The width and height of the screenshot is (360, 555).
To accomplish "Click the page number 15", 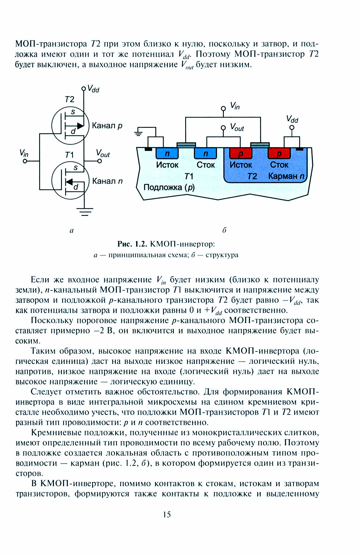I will coord(167,514).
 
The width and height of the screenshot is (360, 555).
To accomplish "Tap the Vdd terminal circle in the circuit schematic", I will coord(84,89).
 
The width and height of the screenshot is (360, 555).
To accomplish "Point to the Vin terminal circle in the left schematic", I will coord(25,161).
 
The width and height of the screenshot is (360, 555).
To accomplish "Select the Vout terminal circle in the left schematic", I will coord(100,161).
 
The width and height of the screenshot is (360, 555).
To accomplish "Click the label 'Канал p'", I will coord(107,125).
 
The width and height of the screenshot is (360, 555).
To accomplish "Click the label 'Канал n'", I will coord(107,181).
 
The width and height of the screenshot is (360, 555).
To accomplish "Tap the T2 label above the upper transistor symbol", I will coord(69,99).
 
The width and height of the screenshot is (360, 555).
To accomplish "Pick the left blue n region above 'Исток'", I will coord(167,154).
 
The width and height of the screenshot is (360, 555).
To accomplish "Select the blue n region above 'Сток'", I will coord(205,154).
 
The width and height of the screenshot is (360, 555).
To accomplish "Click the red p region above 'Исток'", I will coord(241,154).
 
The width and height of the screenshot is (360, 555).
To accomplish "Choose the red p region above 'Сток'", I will coord(279,154).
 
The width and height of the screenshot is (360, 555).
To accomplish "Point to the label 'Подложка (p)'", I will coord(169,187).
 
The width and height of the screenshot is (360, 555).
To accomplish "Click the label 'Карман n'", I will coord(286,176).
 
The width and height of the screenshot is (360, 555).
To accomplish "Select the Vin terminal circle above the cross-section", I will coord(223,108).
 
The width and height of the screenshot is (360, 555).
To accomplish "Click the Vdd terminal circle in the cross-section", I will coord(292,128).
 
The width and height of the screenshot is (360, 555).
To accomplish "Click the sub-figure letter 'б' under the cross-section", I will coord(224,230).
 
